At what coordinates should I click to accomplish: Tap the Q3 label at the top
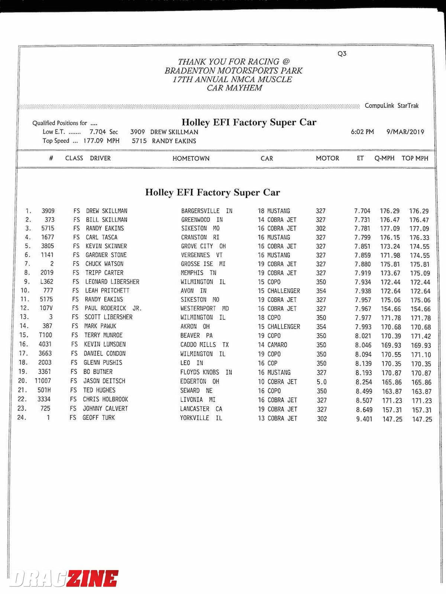tap(342, 53)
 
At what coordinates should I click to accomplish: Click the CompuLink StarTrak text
tap(391, 106)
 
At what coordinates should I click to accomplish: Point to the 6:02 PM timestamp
tap(362, 132)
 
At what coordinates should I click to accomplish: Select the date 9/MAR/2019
tap(405, 132)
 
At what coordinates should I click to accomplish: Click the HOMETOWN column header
tap(191, 159)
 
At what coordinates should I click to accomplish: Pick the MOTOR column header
tap(327, 159)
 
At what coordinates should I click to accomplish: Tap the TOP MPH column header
tap(415, 159)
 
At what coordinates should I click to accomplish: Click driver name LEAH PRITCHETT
tap(107, 291)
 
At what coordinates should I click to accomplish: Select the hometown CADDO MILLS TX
tap(204, 345)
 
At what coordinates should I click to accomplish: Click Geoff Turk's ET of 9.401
tap(364, 419)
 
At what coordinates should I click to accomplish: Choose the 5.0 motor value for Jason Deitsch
tap(321, 382)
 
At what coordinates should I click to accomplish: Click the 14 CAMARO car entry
tap(272, 345)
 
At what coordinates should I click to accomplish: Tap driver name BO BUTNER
tap(98, 372)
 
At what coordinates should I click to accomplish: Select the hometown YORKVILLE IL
tap(201, 418)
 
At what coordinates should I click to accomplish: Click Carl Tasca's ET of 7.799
tap(362, 238)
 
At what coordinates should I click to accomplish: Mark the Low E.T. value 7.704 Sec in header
tap(103, 132)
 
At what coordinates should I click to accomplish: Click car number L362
tap(47, 282)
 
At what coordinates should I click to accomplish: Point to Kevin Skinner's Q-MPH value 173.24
tap(390, 247)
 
